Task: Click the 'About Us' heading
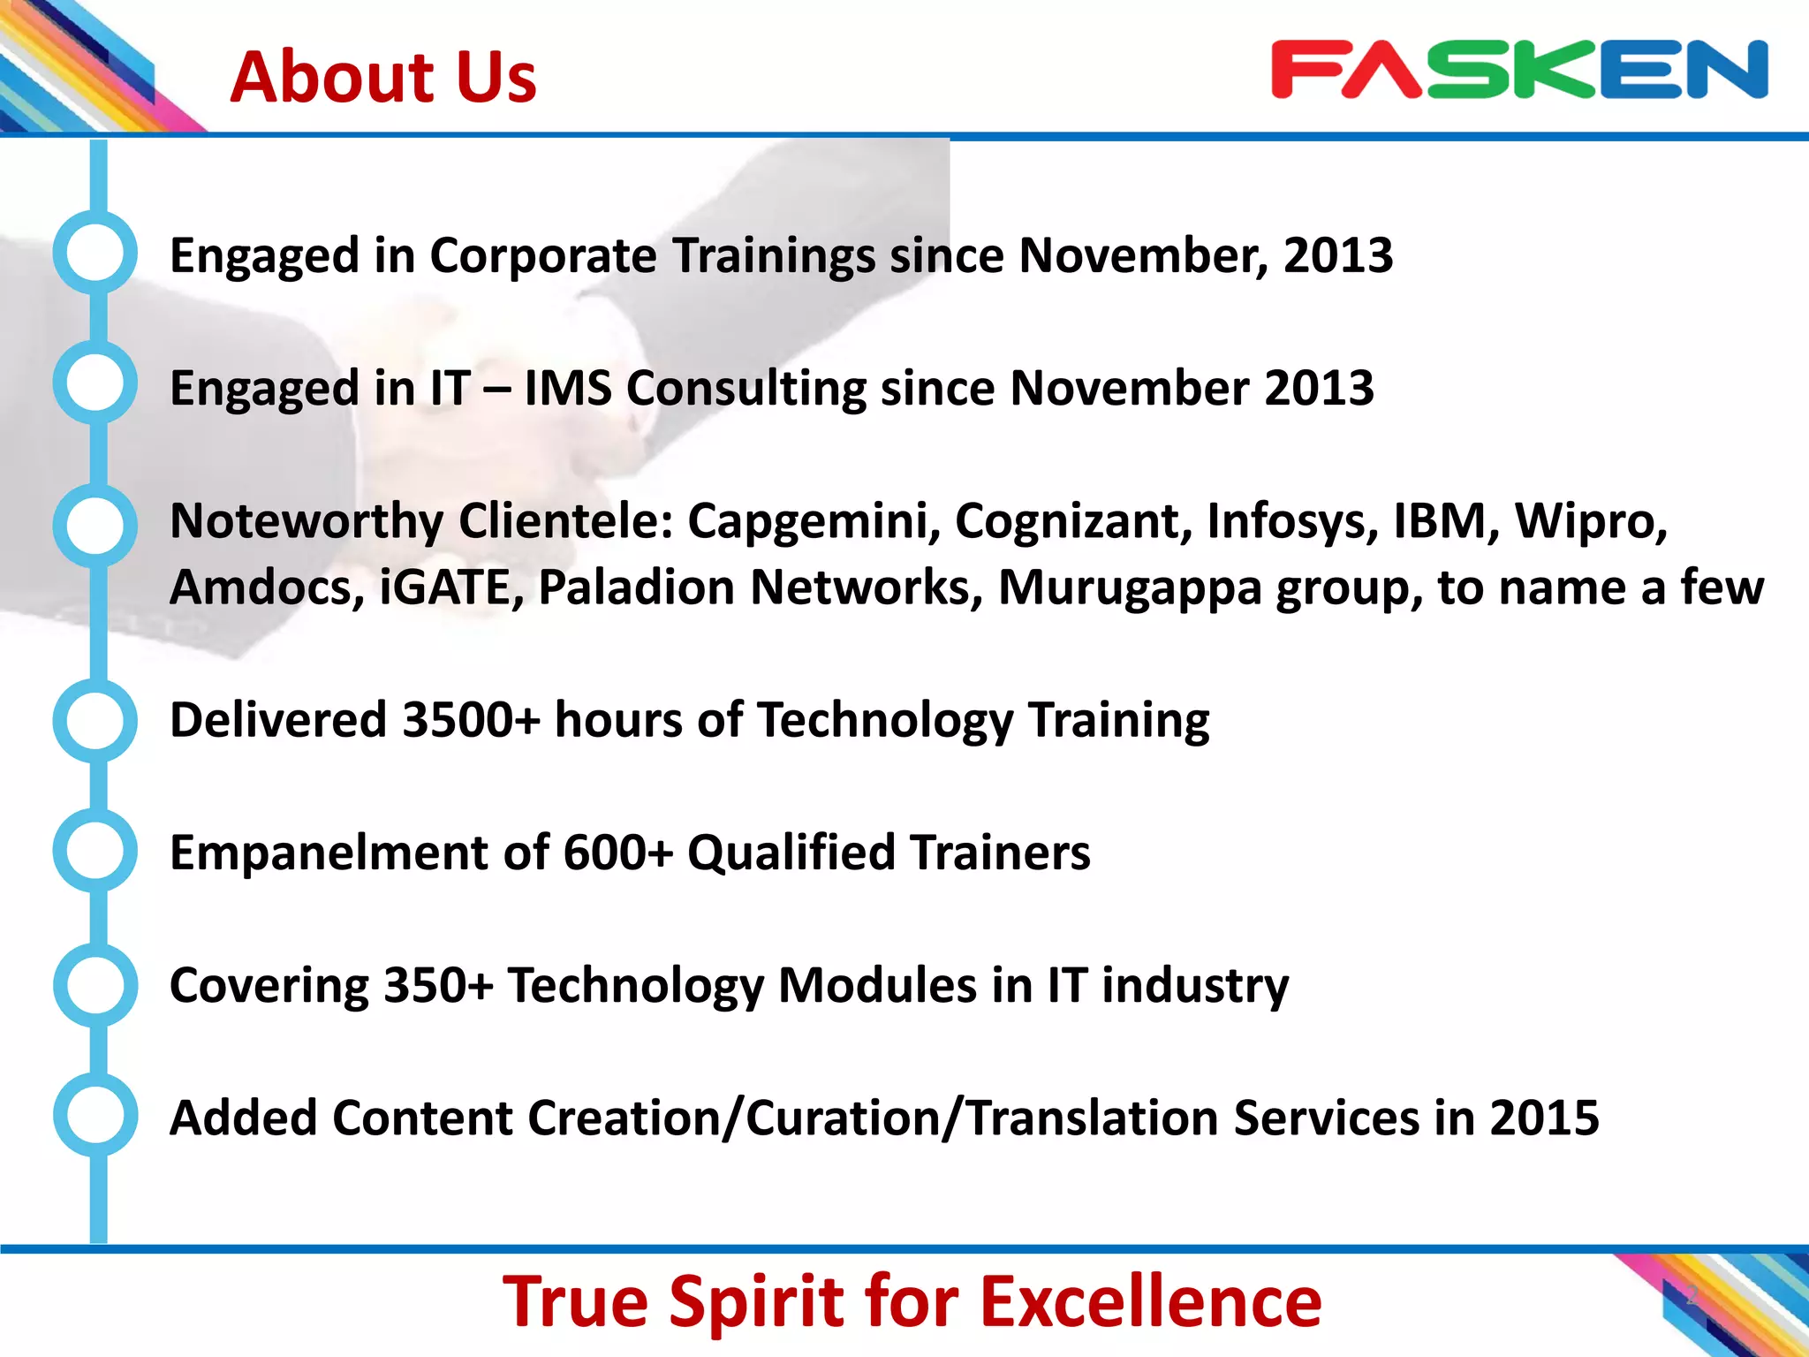pos(382,77)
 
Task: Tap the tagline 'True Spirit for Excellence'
pos(912,1301)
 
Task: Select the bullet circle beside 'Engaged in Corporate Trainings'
pos(95,253)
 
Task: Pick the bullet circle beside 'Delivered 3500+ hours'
pos(95,720)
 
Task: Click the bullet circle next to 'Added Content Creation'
pos(95,1115)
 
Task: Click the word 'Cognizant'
pos(1072,521)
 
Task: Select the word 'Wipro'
pos(1591,521)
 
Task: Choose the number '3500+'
pos(471,720)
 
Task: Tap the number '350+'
pos(438,985)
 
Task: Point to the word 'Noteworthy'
pos(306,521)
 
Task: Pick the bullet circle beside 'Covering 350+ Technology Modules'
pos(95,984)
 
